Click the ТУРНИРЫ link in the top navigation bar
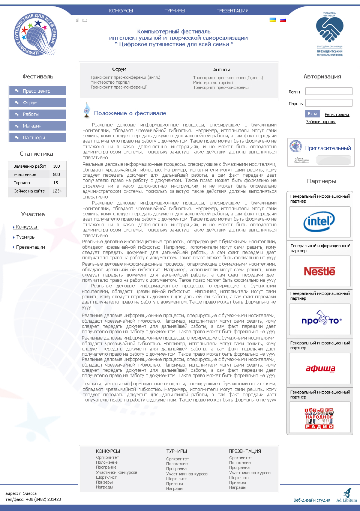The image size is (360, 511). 175,11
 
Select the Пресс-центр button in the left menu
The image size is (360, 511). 37,91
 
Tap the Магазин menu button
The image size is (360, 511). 37,126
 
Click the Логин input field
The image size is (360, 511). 328,91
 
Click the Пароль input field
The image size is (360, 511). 328,103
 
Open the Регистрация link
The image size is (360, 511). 337,114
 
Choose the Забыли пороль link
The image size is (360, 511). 321,122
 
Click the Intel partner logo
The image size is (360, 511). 319,222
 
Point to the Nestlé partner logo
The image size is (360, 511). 319,271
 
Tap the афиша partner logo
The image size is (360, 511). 320,368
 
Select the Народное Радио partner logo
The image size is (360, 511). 319,418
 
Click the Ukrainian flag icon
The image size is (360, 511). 273,20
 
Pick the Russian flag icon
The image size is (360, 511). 283,20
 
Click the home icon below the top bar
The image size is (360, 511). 77,20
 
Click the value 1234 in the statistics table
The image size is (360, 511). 57,191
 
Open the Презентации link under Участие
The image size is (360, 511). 30,247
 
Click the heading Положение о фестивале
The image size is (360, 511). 130,113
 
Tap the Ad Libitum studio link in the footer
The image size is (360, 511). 346,500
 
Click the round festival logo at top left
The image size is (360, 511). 35,35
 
